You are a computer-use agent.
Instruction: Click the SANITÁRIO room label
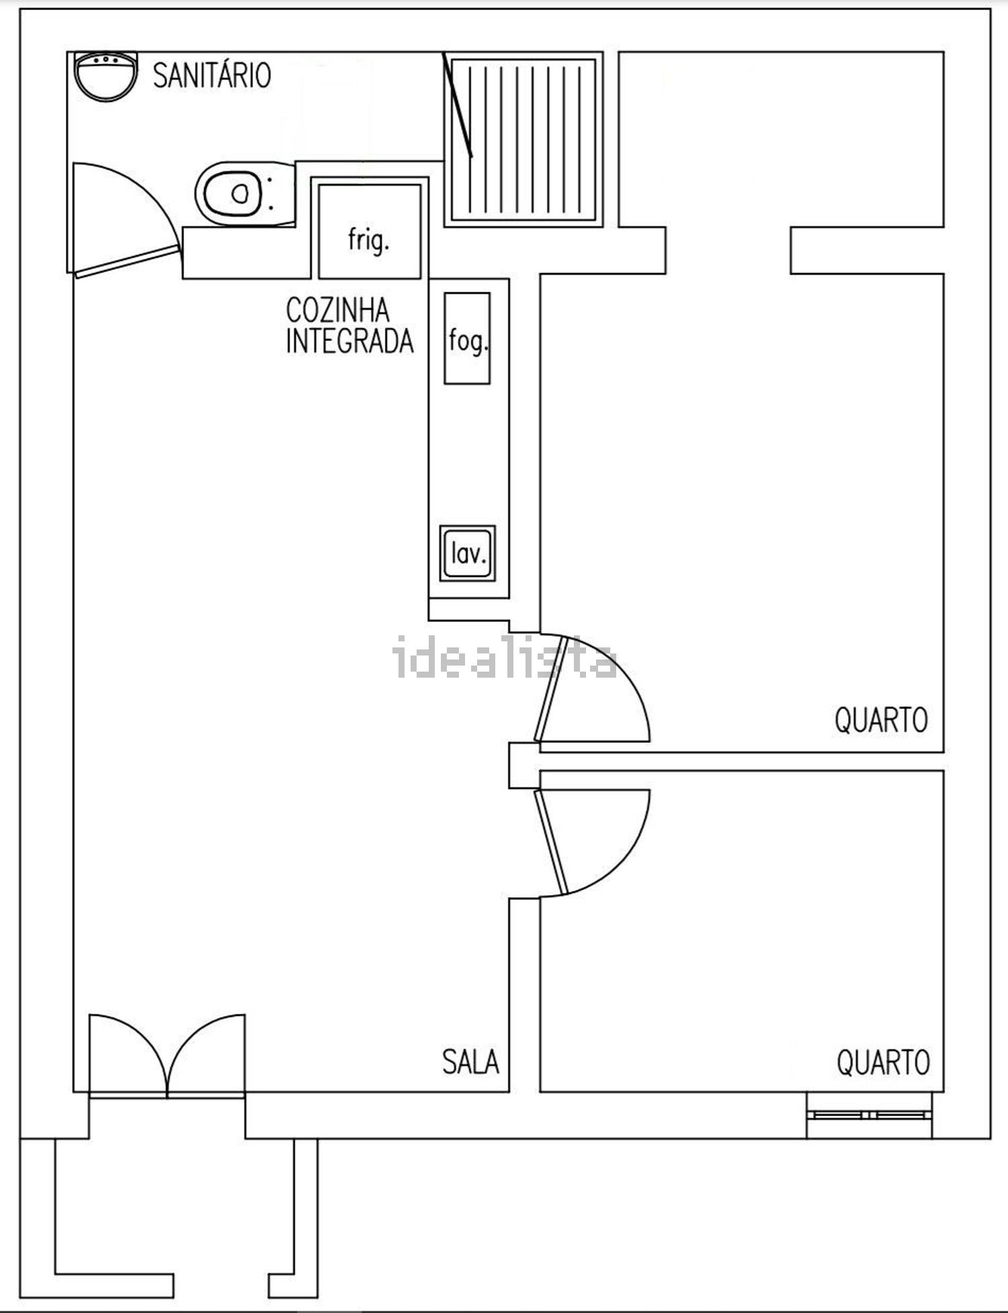212,75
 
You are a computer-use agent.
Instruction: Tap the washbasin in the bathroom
106,77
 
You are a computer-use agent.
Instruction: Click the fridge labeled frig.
369,231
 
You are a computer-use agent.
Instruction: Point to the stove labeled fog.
467,338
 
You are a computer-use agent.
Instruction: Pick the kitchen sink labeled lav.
468,553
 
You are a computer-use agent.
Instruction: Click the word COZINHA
337,311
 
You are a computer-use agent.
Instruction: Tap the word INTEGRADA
349,341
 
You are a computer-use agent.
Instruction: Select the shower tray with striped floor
523,140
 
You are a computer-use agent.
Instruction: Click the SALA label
470,1062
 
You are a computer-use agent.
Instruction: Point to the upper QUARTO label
881,720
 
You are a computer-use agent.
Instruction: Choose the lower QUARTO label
883,1063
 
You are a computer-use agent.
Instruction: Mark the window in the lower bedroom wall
870,1115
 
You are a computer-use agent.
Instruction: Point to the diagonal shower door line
458,105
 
